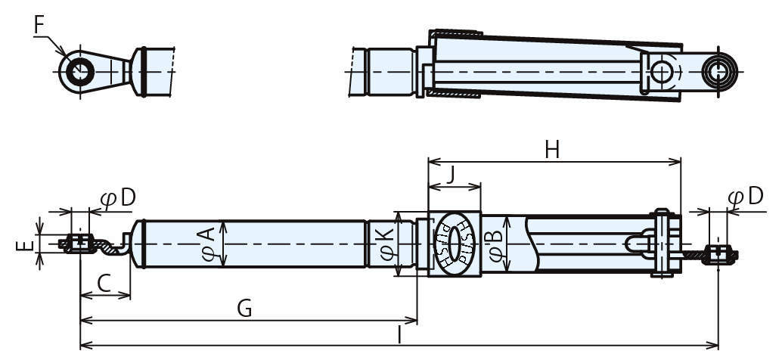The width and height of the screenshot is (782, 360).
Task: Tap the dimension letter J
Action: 450,175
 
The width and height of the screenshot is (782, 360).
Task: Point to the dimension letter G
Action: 244,309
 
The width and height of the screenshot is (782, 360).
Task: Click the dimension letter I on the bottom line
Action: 399,336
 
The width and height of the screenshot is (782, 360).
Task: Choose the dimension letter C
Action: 104,284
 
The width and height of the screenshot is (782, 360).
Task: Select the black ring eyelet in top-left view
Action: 80,72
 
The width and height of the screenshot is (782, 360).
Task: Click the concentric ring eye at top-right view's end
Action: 718,71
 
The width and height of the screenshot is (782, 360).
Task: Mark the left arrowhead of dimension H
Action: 433,162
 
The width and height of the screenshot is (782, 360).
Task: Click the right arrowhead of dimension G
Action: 412,320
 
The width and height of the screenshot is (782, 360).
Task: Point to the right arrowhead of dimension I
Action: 713,345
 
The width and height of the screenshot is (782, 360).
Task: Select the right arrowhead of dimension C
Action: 126,295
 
